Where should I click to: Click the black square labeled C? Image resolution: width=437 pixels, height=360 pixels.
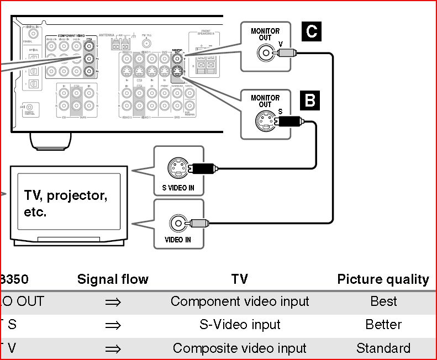(312, 31)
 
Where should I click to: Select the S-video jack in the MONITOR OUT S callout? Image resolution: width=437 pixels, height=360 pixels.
(265, 121)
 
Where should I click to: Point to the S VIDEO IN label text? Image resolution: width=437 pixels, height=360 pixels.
(178, 188)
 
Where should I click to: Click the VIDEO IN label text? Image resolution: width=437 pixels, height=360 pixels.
(178, 240)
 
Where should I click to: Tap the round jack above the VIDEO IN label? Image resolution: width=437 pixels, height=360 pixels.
(178, 224)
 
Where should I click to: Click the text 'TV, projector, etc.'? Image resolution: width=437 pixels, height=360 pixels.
(65, 203)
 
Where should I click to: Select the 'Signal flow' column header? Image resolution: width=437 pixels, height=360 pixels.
(113, 279)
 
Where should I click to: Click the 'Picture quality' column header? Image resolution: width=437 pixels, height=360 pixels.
(383, 279)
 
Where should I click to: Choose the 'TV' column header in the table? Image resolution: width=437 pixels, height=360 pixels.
(240, 279)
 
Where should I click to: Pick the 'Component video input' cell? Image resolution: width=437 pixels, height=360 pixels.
(240, 301)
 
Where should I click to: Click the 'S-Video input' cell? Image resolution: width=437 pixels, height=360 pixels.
(240, 325)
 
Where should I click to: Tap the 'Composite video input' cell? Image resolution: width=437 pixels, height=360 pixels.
(240, 348)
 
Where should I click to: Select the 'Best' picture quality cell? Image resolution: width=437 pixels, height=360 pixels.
(383, 301)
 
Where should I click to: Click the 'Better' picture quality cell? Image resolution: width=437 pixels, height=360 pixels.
(383, 325)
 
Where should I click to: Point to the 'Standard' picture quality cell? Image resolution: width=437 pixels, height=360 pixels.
(383, 348)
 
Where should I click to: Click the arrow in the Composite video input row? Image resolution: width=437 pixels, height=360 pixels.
(113, 349)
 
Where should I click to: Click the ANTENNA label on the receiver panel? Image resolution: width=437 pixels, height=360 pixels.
(106, 35)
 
